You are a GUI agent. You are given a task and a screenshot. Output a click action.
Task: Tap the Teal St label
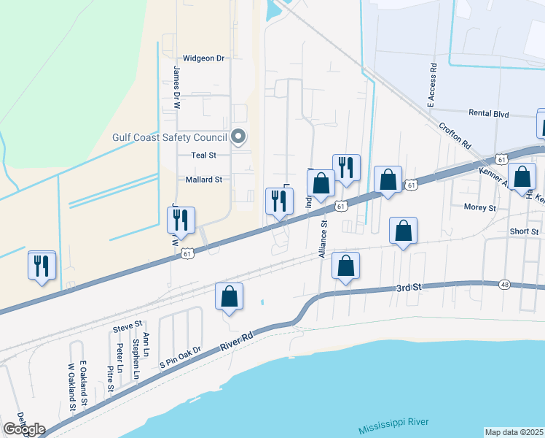click(203, 155)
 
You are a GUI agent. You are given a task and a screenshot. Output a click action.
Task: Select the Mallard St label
click(203, 180)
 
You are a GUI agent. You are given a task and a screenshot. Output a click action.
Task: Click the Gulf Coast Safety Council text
click(170, 137)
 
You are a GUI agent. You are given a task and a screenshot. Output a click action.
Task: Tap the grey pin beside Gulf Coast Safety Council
click(238, 137)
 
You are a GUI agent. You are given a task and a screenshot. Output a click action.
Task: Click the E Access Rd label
click(432, 85)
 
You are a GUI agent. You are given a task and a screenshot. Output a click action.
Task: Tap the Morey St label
click(479, 207)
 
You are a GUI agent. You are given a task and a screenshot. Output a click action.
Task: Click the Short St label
click(524, 231)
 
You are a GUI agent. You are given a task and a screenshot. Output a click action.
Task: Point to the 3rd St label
click(409, 288)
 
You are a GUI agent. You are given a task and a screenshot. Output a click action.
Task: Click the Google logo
click(24, 429)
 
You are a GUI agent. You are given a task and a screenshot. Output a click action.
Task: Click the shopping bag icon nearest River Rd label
click(229, 297)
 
